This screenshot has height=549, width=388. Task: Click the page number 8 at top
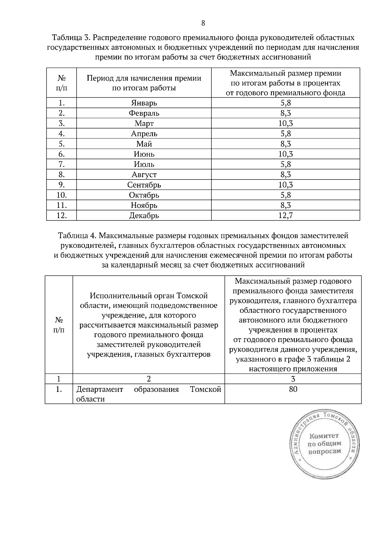click(x=203, y=23)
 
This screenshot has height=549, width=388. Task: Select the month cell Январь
click(x=144, y=103)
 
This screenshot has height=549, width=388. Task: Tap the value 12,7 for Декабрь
click(x=286, y=215)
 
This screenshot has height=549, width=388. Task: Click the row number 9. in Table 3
click(x=62, y=185)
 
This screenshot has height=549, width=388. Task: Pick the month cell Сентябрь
click(x=144, y=185)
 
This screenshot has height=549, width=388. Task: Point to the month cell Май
click(x=144, y=144)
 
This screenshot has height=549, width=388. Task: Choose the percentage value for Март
click(x=286, y=123)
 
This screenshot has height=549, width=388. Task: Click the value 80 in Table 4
click(x=293, y=389)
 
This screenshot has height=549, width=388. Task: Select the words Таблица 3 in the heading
click(x=71, y=38)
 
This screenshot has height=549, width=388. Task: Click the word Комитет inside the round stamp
click(x=324, y=436)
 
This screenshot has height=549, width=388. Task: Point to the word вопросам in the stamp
click(x=325, y=451)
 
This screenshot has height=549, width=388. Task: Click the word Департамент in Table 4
click(x=100, y=389)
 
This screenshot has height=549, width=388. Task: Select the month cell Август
click(x=144, y=175)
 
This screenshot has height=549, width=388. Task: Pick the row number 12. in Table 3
click(x=62, y=215)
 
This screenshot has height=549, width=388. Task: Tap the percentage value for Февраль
click(x=286, y=113)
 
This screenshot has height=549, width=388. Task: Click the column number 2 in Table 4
click(x=149, y=379)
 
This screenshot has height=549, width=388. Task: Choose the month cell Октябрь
click(x=144, y=195)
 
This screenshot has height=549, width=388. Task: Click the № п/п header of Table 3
click(x=62, y=83)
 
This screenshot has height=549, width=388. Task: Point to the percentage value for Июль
click(x=286, y=164)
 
